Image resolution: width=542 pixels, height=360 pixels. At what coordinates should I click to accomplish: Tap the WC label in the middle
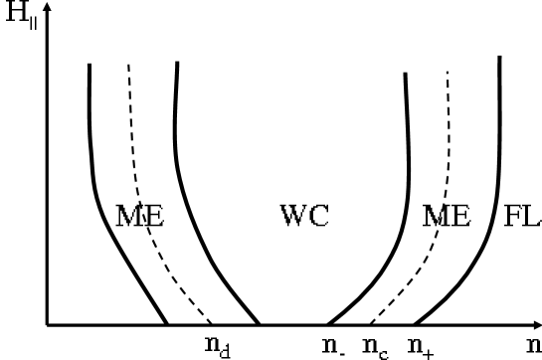pos(304,216)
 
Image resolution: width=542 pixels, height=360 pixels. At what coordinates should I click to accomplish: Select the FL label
pos(522,216)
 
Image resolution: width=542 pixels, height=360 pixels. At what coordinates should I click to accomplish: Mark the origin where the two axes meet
pos(48,324)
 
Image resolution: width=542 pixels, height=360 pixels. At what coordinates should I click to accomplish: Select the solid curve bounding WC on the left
pos(178,149)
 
